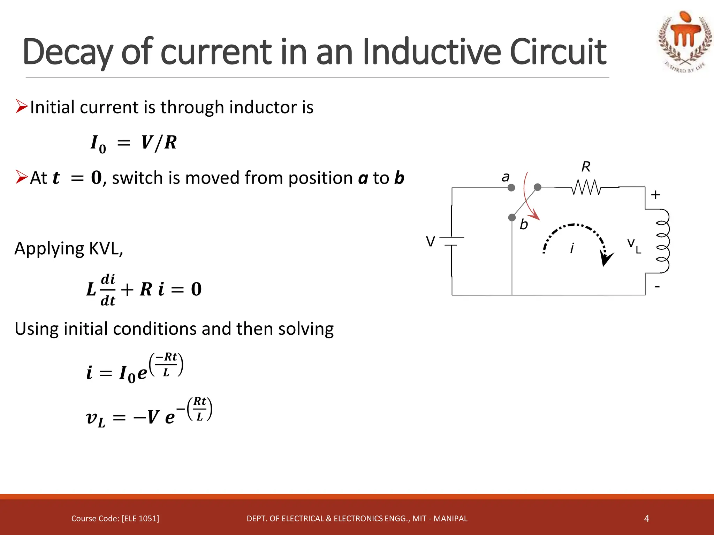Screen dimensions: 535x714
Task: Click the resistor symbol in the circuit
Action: tap(586, 187)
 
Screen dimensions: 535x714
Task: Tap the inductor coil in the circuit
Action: tap(662, 241)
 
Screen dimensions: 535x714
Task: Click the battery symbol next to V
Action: tap(451, 241)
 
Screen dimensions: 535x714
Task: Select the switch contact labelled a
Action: tap(511, 188)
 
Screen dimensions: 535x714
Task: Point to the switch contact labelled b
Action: tap(512, 218)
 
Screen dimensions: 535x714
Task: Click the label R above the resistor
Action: tap(586, 167)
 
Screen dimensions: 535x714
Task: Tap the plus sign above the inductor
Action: tap(655, 195)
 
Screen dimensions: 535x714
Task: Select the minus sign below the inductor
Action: tap(657, 287)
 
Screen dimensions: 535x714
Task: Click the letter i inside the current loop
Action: tap(572, 248)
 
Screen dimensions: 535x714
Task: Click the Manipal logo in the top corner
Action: tap(684, 41)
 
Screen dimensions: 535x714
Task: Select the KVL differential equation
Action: tap(144, 289)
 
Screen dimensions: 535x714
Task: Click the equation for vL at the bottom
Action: tap(149, 413)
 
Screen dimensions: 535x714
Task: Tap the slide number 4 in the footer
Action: tap(646, 519)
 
